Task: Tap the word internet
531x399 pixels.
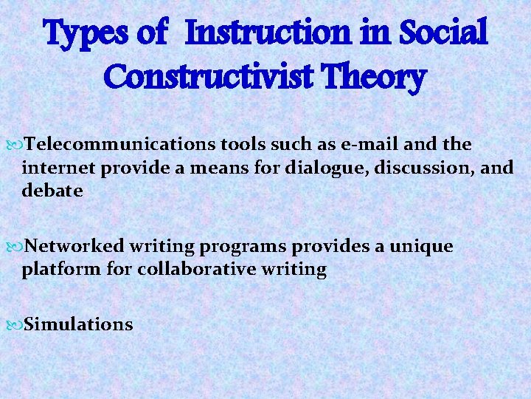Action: click(60, 168)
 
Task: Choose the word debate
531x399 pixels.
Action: click(52, 191)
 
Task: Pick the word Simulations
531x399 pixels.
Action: click(79, 324)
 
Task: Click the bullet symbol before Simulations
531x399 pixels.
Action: click(17, 324)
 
